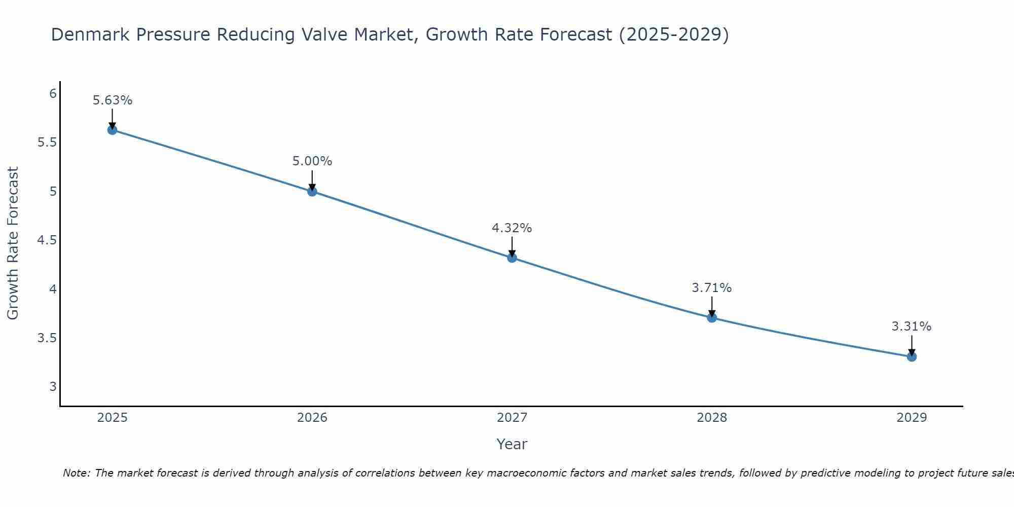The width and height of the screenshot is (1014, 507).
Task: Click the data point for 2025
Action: click(112, 130)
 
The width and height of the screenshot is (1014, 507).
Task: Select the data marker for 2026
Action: click(312, 191)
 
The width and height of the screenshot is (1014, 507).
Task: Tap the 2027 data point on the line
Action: click(512, 258)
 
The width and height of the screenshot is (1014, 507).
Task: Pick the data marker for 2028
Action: click(712, 318)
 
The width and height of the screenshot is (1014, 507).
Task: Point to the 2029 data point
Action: click(912, 357)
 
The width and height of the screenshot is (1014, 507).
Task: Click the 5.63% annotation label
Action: click(112, 100)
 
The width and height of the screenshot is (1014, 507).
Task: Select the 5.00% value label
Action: click(312, 161)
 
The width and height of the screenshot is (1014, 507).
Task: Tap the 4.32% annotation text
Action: click(512, 228)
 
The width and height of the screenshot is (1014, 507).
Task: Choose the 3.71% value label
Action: click(712, 288)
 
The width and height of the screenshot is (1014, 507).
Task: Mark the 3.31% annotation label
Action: click(912, 327)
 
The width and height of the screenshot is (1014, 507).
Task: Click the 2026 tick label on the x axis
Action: click(312, 418)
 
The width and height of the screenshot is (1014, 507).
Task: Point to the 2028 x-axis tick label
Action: click(712, 418)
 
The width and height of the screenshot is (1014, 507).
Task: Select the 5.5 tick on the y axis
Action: click(47, 142)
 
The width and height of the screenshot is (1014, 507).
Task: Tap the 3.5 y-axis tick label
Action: click(47, 338)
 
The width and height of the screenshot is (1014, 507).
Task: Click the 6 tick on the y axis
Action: click(53, 94)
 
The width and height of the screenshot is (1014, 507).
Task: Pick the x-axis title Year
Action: click(512, 444)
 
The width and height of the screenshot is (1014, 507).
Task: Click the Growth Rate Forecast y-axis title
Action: click(13, 243)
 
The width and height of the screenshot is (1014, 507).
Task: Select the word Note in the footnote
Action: click(76, 473)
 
